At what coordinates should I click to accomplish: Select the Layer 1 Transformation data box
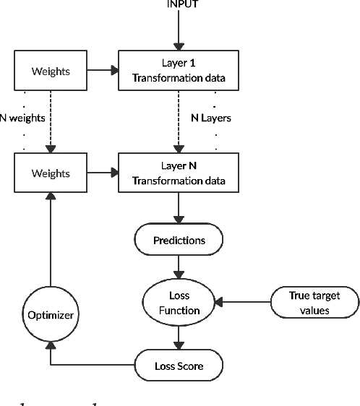(179, 70)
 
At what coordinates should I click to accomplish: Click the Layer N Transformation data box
(179, 173)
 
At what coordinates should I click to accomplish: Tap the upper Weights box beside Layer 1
(51, 70)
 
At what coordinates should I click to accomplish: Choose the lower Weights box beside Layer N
(51, 173)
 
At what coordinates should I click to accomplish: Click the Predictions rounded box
(179, 240)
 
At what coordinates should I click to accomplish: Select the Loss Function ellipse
(179, 303)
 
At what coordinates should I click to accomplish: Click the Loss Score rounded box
(179, 366)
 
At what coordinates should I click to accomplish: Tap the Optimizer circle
(51, 315)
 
